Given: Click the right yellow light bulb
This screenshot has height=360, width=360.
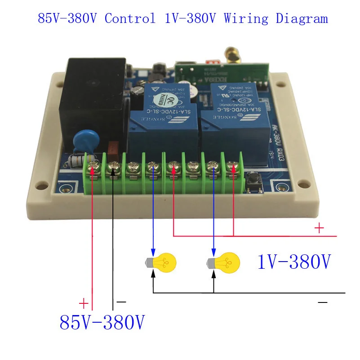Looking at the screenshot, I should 225,262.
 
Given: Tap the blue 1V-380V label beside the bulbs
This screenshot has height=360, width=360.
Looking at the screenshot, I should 294,262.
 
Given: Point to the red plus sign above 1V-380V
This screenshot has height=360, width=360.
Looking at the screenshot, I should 319,228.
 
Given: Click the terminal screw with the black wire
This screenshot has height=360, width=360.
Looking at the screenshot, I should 113,168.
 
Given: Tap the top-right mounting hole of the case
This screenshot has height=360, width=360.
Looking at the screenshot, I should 282,84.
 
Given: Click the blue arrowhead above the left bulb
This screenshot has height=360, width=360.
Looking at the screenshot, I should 153,251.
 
